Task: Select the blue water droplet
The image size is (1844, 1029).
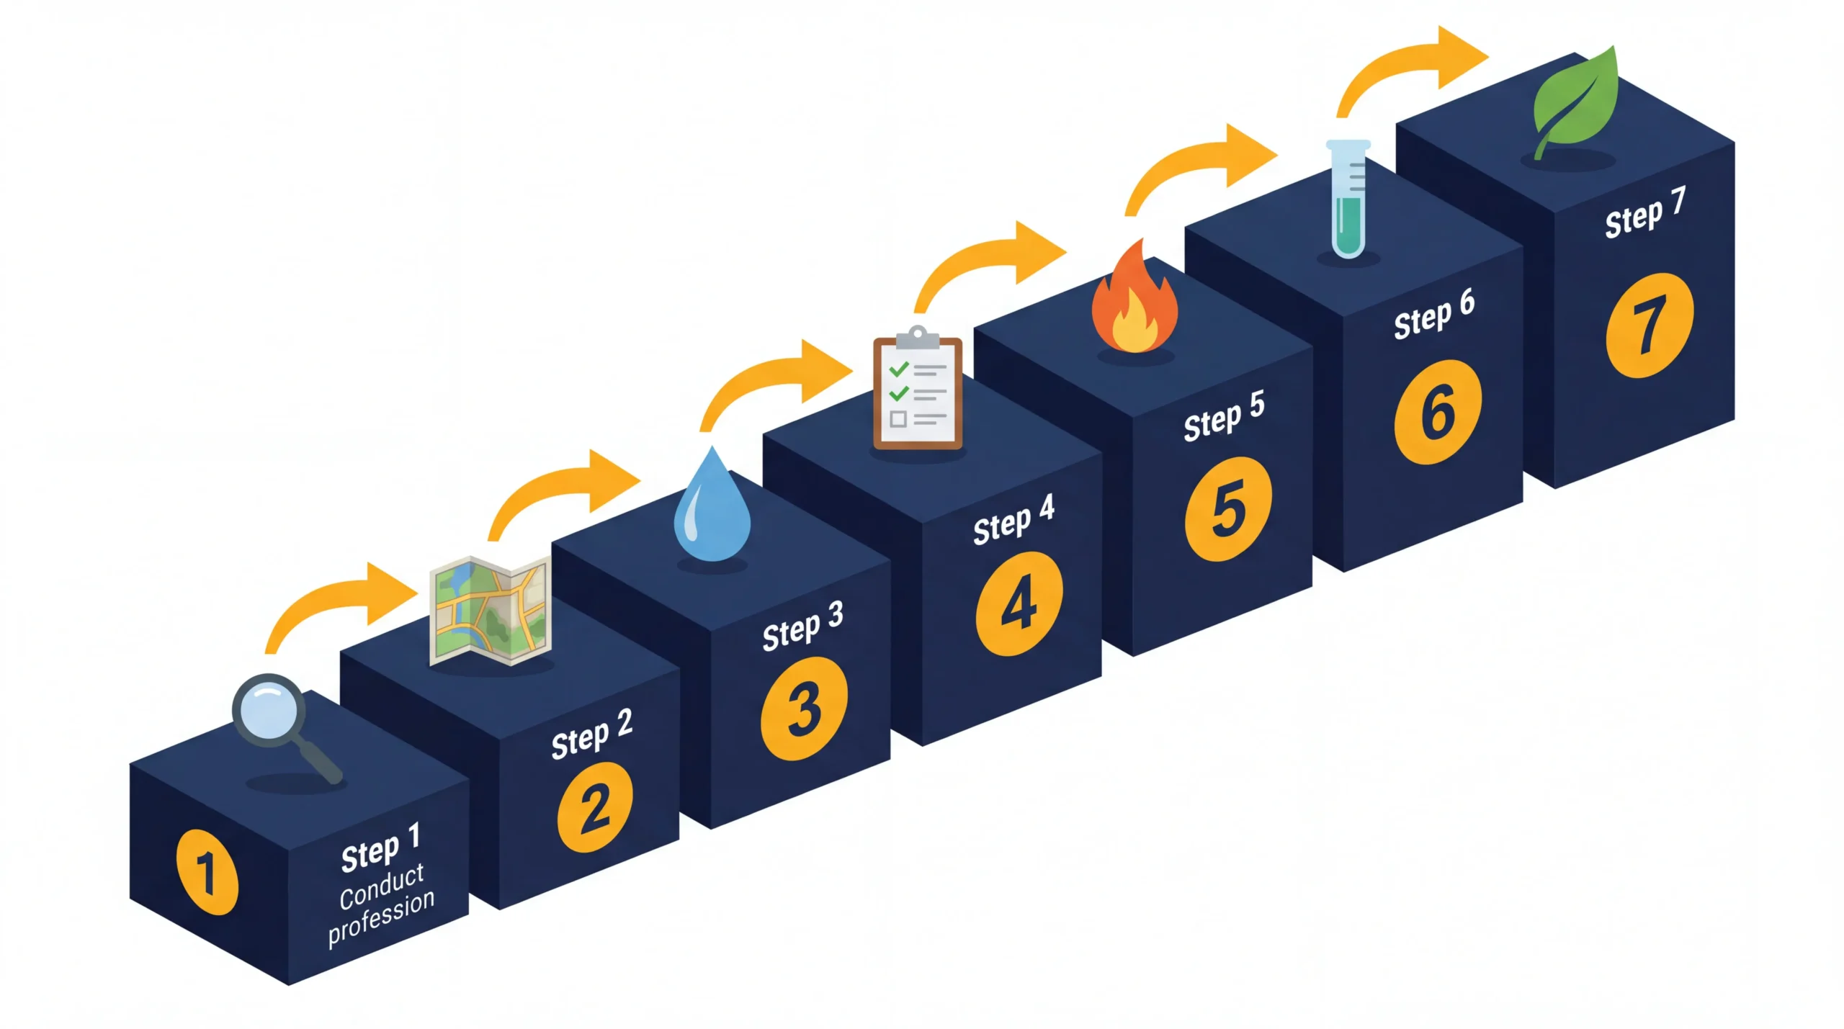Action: coord(712,508)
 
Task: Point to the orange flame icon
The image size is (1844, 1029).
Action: coord(1134,302)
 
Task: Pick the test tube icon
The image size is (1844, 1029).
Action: coord(1348,198)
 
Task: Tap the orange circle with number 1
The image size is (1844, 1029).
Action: coord(207,871)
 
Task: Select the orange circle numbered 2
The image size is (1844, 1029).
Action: coord(595,807)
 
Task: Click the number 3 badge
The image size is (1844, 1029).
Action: coord(804,709)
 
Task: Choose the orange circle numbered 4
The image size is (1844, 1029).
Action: coord(1019,603)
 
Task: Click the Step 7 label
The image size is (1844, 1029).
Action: coord(1645,212)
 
